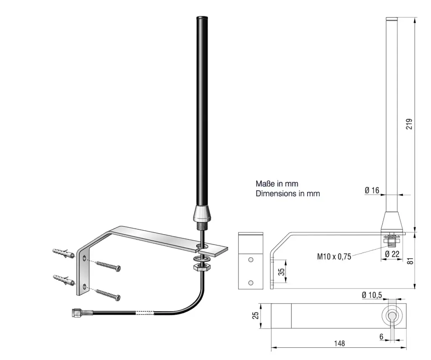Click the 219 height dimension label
409,124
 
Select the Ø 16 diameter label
372,190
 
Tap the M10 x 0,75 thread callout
334,256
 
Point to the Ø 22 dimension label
392,254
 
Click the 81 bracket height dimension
410,261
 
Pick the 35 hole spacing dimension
281,272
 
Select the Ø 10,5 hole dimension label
372,295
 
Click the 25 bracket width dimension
255,315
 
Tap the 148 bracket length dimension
340,344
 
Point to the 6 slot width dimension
381,336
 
